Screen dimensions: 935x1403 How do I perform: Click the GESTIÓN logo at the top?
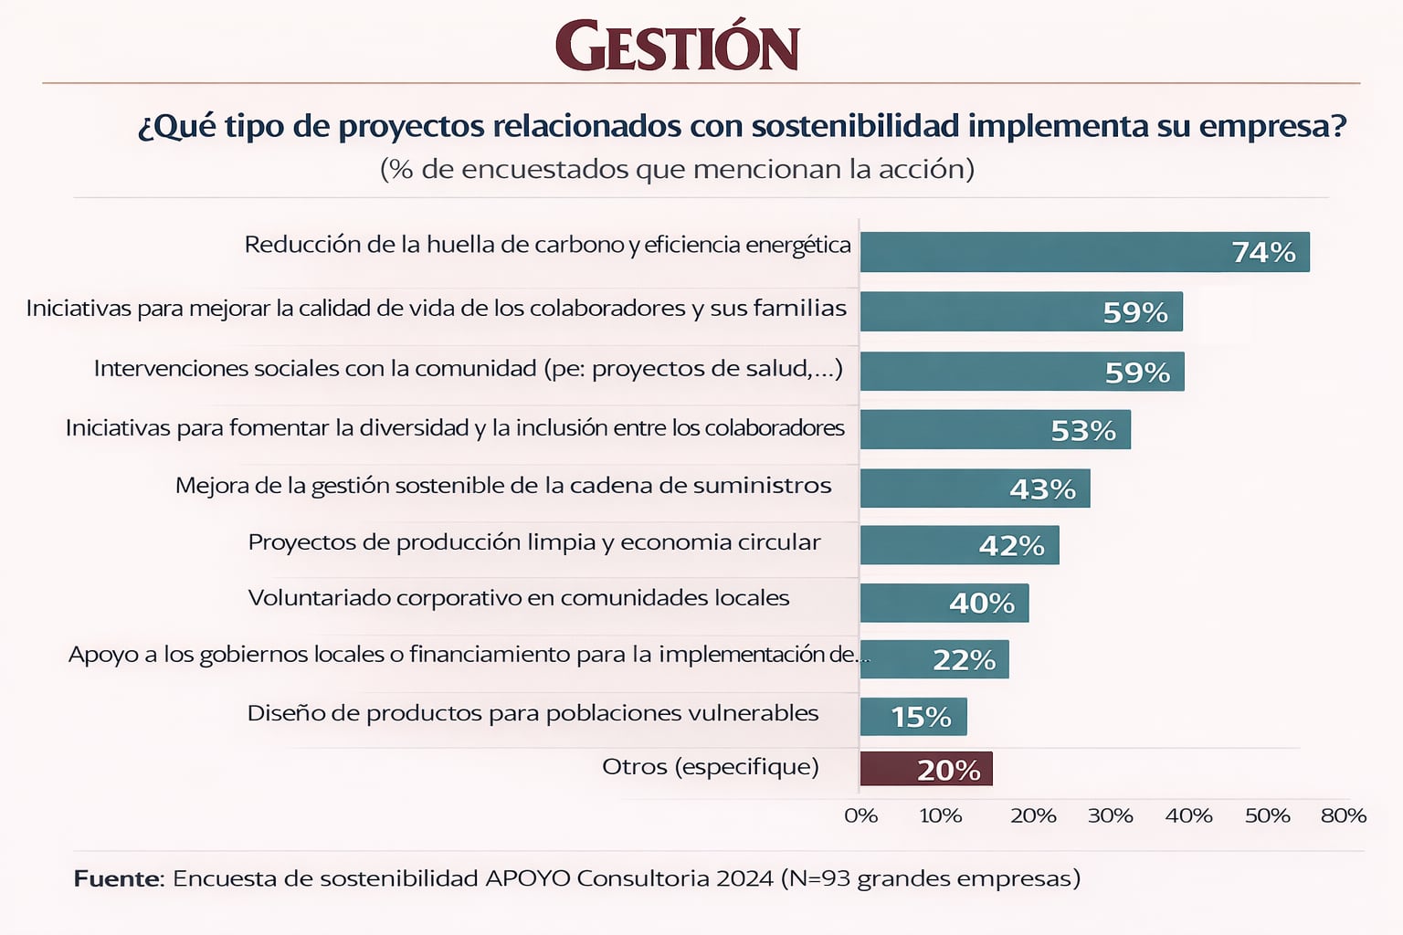click(x=677, y=47)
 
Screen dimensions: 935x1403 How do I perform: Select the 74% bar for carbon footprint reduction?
click(x=1084, y=252)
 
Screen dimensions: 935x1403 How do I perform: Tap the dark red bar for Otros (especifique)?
click(x=925, y=769)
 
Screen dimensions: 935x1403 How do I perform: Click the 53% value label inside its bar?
click(x=1083, y=430)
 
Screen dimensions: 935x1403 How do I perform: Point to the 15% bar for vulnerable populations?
click(x=912, y=717)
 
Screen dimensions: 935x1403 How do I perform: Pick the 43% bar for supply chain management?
click(x=975, y=489)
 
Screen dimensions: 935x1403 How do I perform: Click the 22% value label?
click(x=964, y=659)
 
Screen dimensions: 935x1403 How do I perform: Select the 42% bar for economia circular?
click(x=959, y=545)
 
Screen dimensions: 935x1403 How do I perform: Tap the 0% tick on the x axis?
click(x=860, y=815)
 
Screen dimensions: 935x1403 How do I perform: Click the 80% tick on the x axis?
click(x=1343, y=815)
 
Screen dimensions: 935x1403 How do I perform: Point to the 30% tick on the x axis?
click(x=1110, y=815)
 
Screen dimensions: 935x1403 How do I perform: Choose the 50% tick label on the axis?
click(x=1267, y=815)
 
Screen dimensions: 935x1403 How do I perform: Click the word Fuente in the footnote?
click(x=117, y=878)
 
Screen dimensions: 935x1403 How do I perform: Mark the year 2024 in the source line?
click(x=744, y=878)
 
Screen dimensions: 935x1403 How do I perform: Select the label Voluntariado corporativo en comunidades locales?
click(x=518, y=598)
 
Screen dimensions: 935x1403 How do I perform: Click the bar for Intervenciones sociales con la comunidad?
click(x=1021, y=372)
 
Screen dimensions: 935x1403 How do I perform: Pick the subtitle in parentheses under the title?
click(x=677, y=170)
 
